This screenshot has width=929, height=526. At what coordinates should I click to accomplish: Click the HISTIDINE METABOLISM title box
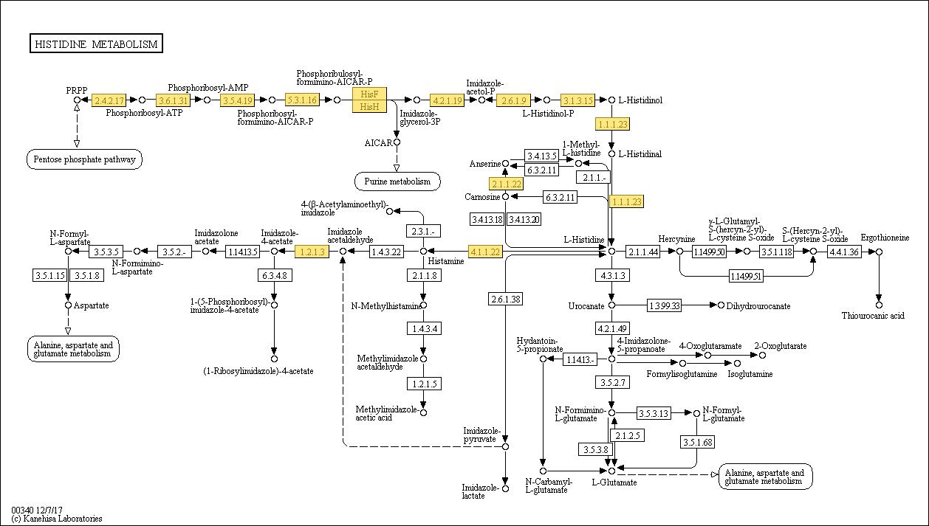click(x=96, y=44)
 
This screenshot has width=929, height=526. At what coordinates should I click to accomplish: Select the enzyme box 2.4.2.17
click(x=109, y=100)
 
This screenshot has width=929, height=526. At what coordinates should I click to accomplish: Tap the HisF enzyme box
click(x=369, y=94)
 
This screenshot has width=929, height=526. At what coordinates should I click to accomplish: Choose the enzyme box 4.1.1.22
click(x=485, y=252)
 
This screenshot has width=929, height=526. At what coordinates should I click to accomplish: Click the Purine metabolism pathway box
click(x=397, y=181)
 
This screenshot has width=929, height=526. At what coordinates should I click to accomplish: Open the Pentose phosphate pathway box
click(x=84, y=159)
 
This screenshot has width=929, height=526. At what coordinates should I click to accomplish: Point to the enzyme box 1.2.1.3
click(x=312, y=252)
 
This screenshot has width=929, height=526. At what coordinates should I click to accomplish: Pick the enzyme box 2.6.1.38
click(x=505, y=299)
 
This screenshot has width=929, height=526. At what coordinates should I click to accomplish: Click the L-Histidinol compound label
click(x=640, y=100)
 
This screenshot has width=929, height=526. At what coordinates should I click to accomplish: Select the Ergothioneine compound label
click(x=885, y=238)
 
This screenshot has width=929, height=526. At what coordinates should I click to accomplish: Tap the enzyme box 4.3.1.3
click(x=612, y=275)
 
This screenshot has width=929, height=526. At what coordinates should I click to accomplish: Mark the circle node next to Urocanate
click(x=611, y=305)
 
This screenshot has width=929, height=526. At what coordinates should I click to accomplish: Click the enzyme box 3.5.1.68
click(x=698, y=443)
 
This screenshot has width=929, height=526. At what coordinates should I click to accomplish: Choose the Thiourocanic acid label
click(x=873, y=316)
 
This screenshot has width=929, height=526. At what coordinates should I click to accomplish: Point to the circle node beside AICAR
click(x=397, y=142)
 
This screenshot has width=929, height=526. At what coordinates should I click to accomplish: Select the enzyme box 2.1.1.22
click(x=506, y=184)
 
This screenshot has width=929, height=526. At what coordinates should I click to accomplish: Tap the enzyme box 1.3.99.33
click(x=665, y=305)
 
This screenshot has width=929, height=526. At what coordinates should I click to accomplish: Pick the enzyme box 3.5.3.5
click(x=106, y=252)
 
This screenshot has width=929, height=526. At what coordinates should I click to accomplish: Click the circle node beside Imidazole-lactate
click(x=505, y=488)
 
